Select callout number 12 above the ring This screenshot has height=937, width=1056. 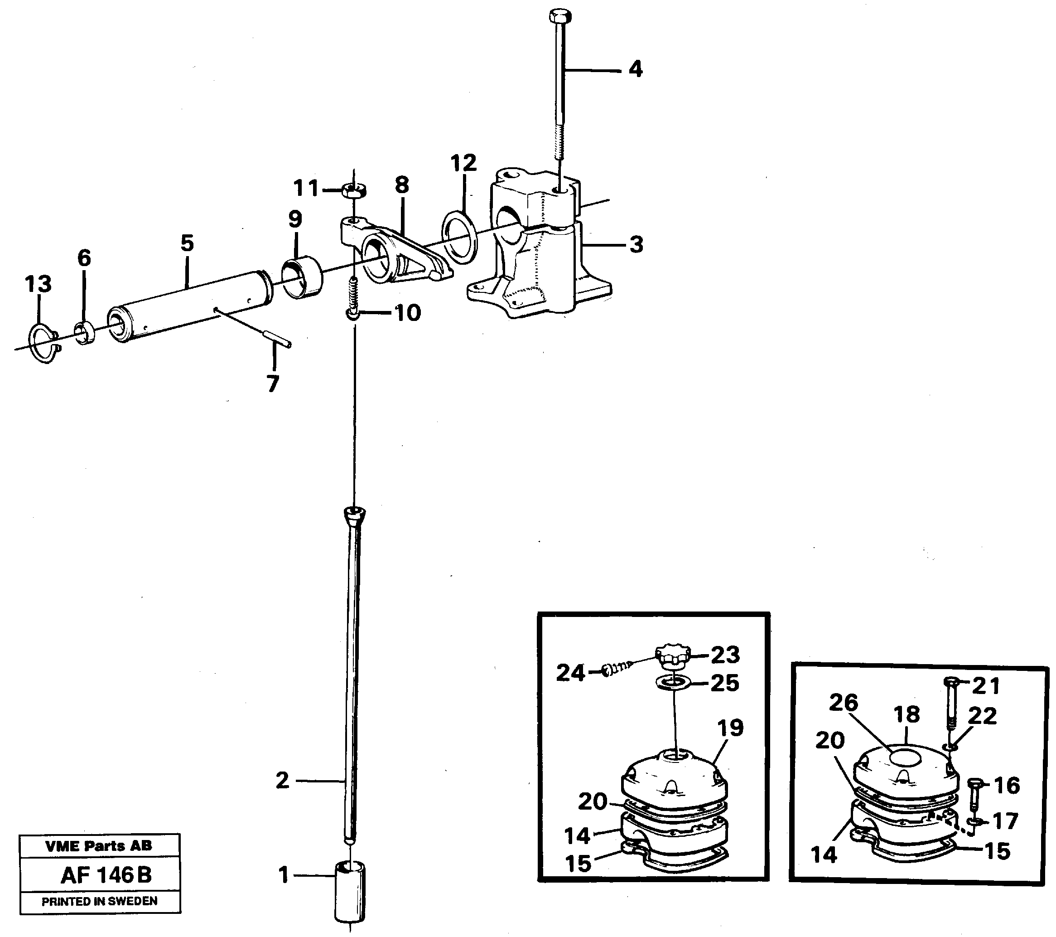click(x=463, y=163)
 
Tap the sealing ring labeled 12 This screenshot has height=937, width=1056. click(x=459, y=237)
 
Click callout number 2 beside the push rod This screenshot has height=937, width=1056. click(x=282, y=781)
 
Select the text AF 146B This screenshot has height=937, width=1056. click(x=106, y=875)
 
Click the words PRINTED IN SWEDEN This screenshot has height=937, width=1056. click(x=99, y=901)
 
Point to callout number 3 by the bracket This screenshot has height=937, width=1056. click(x=636, y=244)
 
